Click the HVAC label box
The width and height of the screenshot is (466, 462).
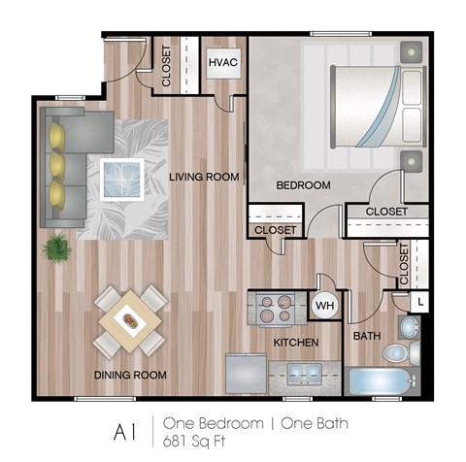click(223, 63)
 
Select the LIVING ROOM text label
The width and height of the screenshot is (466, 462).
click(203, 177)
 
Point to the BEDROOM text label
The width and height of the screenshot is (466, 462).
click(304, 184)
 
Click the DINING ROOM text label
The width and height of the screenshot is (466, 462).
click(130, 375)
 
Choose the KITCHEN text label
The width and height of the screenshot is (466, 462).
click(296, 343)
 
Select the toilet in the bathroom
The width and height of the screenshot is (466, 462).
click(402, 351)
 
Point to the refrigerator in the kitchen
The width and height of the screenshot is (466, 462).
click(247, 374)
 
